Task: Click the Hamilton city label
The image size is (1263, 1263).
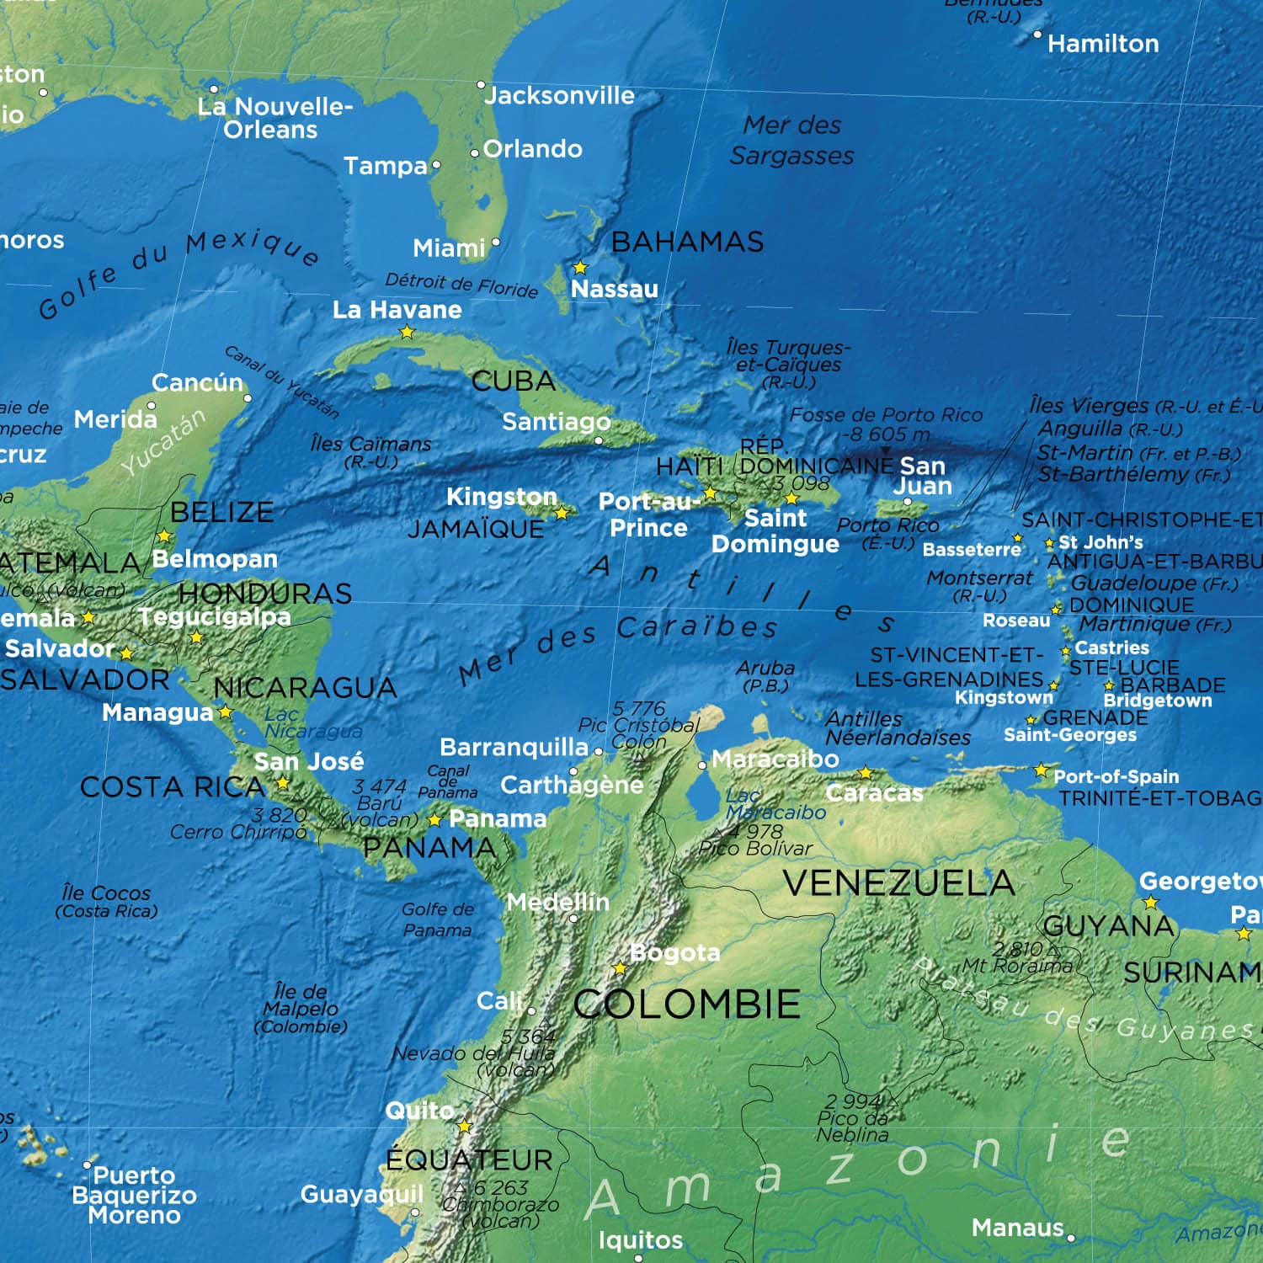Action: click(1102, 44)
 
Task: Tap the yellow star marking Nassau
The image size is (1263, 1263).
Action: click(580, 268)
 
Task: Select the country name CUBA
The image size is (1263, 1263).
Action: click(514, 381)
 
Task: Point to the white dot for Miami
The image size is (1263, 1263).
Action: click(496, 242)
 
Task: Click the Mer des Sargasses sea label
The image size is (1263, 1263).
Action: click(791, 141)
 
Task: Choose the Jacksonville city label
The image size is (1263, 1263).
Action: click(559, 96)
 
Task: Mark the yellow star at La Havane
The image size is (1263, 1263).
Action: click(407, 333)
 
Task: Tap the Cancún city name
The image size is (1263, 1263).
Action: click(197, 383)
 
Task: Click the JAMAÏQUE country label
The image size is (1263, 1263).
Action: click(476, 530)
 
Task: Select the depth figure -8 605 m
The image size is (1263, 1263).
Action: click(887, 435)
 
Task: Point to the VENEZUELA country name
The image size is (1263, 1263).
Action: click(898, 883)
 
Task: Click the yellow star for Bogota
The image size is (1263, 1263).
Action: click(621, 968)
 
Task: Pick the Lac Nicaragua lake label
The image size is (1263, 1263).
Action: click(312, 723)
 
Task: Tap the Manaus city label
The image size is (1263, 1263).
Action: click(1017, 1228)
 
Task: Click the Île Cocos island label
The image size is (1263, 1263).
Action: click(106, 901)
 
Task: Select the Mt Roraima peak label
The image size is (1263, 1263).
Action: click(1016, 966)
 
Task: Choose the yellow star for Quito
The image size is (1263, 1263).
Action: click(464, 1126)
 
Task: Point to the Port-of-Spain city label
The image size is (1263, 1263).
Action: click(1116, 776)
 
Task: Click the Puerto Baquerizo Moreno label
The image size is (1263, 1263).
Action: click(134, 1196)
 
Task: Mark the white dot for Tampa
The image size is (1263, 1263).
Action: click(436, 165)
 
